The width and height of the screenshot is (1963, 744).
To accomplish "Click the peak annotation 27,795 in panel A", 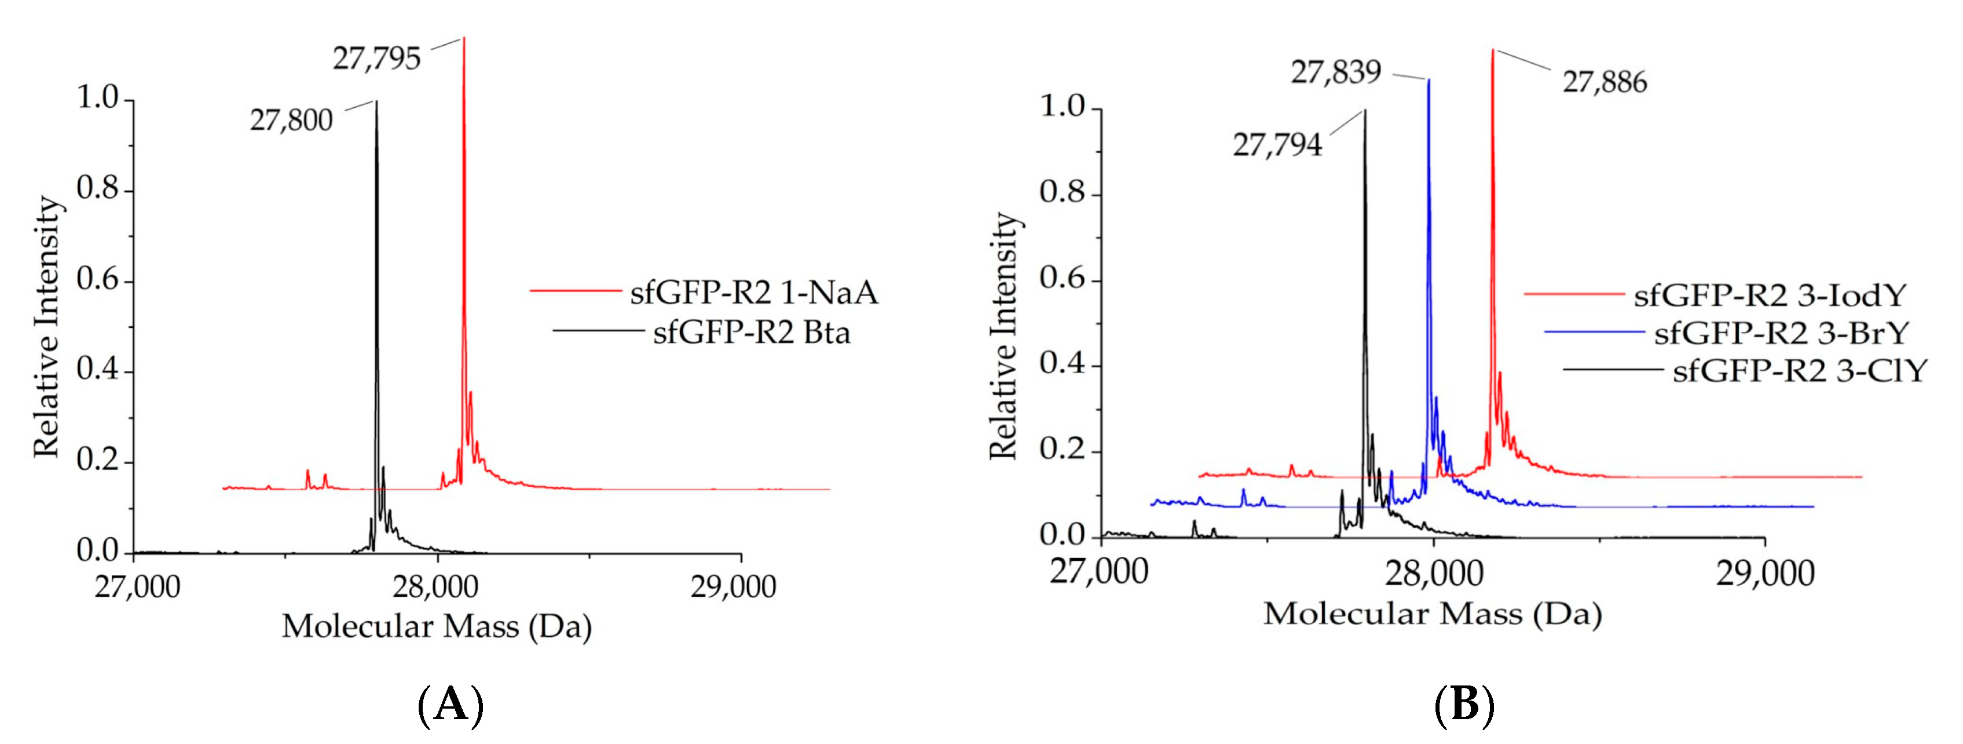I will (376, 59).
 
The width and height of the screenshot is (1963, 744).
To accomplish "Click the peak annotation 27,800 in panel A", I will (291, 121).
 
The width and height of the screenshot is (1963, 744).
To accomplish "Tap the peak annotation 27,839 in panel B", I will (1335, 73).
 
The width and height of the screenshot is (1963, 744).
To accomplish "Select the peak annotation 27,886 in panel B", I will (1604, 82).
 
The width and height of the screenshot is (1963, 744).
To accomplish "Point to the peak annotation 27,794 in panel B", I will (1277, 145).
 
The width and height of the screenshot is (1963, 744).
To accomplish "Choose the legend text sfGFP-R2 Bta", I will (752, 333).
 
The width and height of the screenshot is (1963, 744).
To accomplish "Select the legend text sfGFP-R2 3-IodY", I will (1770, 295).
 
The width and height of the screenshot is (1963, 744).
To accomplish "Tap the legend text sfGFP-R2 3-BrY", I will (1781, 333).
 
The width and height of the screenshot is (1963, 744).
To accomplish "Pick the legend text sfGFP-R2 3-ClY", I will (1799, 371).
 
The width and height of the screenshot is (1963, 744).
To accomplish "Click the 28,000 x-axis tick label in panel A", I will (436, 587).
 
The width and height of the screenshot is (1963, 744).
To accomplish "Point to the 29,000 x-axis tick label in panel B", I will (1765, 573).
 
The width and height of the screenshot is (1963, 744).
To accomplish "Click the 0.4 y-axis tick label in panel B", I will (1062, 364).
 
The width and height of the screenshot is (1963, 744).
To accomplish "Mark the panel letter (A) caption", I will (451, 705).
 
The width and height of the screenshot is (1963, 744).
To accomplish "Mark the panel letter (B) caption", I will (1464, 705).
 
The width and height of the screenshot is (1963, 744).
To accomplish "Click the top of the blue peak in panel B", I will (1429, 81).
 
